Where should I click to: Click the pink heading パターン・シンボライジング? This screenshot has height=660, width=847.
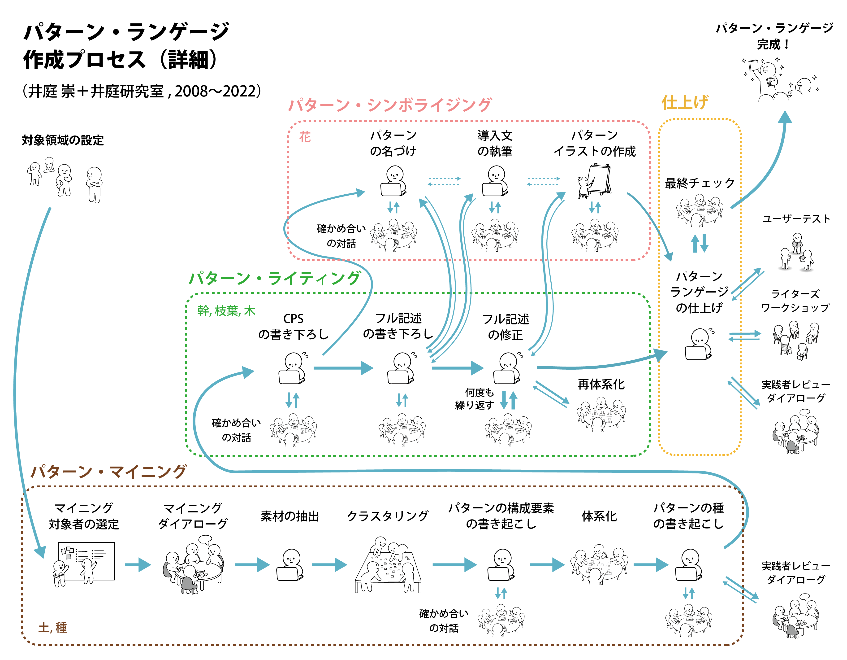390,105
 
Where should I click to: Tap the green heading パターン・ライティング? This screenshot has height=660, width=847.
275,278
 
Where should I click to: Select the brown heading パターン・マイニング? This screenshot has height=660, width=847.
108,472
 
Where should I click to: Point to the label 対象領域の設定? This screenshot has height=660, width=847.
63,140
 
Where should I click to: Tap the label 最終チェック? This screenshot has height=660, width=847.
700,183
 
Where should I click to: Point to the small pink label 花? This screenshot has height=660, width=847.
305,137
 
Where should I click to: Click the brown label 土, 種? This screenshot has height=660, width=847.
53,627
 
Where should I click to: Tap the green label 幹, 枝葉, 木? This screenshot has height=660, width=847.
226,310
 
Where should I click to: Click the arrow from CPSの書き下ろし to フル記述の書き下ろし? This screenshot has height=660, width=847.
343,368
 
